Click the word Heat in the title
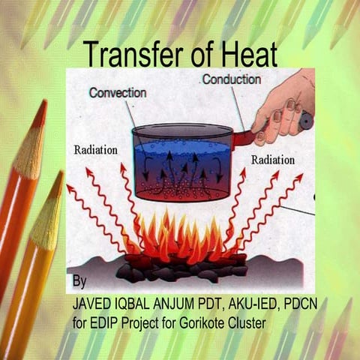250,54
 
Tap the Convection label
117,94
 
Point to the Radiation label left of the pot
95,149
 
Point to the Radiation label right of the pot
273,160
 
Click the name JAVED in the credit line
92,307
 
